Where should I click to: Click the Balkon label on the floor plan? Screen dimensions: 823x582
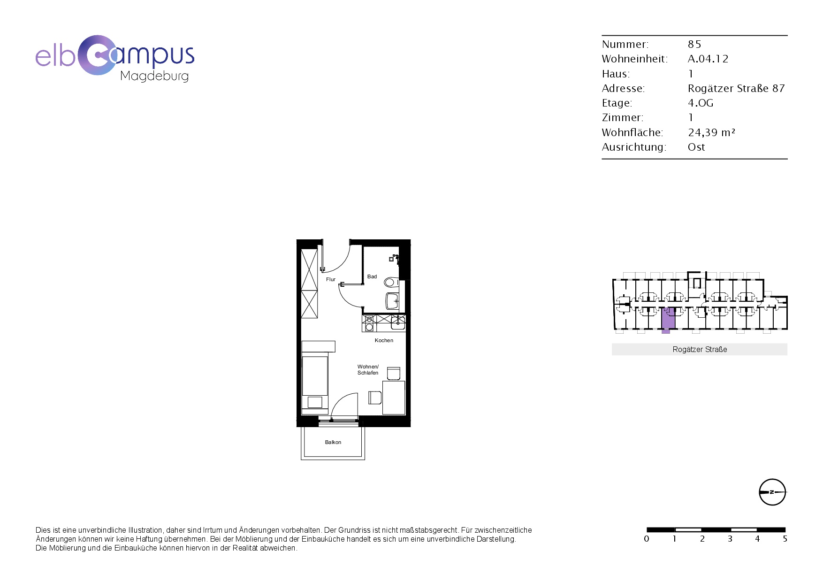click(x=333, y=442)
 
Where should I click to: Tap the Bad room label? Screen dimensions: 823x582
click(x=372, y=276)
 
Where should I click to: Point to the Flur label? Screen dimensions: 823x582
click(x=331, y=279)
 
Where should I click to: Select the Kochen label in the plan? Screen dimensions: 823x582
click(x=384, y=340)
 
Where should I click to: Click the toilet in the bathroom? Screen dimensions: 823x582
click(x=391, y=283)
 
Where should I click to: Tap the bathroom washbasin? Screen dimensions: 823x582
click(x=392, y=301)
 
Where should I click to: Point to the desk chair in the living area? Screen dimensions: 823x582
click(x=375, y=398)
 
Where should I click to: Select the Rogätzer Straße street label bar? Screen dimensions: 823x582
click(x=700, y=349)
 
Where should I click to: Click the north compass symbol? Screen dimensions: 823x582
click(x=772, y=492)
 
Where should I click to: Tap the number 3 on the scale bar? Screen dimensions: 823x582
click(x=730, y=539)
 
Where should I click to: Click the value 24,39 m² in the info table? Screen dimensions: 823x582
click(x=711, y=132)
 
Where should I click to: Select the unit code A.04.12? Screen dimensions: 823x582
click(x=708, y=59)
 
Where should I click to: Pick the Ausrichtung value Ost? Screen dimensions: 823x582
click(x=696, y=147)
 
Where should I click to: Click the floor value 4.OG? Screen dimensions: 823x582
click(x=701, y=103)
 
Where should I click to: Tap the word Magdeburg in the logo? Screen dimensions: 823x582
click(x=154, y=76)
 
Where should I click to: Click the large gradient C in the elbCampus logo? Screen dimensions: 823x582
click(x=97, y=55)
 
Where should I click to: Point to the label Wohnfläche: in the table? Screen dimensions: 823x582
click(x=632, y=132)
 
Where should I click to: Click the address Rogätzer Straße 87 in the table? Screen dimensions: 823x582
click(x=736, y=88)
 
